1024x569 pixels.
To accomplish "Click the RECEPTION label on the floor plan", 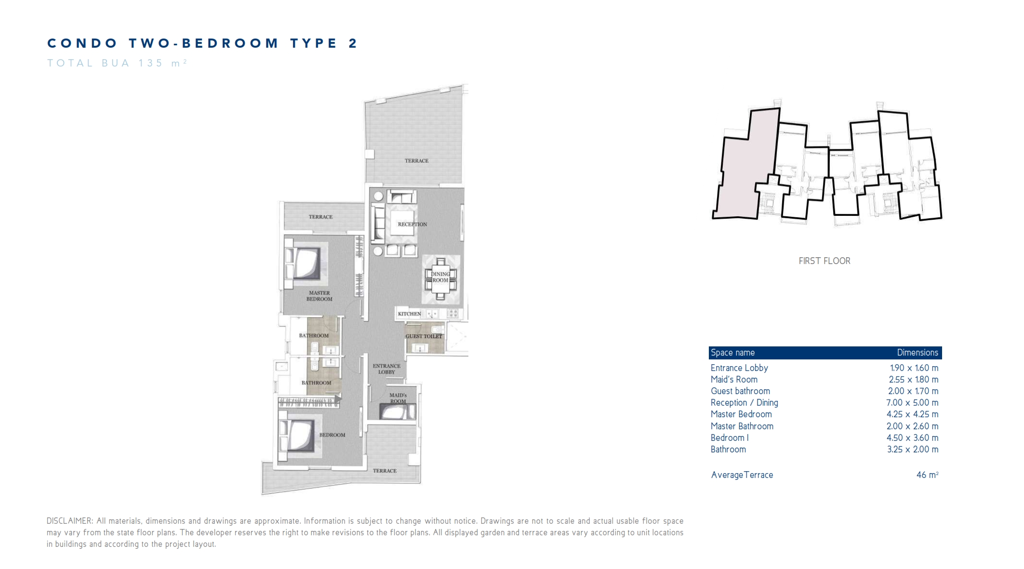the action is pos(412,224).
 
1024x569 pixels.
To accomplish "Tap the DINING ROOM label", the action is pos(440,277).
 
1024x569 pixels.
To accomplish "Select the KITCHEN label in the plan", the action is pos(409,314).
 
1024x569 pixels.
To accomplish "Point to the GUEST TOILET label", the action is pos(424,336).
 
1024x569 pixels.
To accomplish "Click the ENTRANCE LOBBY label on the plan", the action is pos(386,369).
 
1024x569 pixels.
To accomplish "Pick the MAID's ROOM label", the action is pos(398,398).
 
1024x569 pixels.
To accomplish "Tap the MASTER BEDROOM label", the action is pos(319,296).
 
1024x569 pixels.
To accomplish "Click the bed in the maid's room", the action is pos(397,412).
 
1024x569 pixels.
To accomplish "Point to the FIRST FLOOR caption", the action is pos(825,261).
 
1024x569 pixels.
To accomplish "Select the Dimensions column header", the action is pos(918,353).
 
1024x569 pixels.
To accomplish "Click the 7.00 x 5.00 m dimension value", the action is pos(912,403).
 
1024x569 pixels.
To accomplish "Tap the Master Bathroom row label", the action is pos(742,426).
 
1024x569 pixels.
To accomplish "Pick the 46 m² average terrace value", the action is pos(927,475).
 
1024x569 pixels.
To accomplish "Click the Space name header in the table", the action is pos(732,353).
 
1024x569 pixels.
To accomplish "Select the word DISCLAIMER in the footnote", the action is pos(70,521).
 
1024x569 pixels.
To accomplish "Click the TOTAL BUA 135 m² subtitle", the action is pos(117,63).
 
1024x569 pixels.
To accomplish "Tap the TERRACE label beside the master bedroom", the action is pos(320,217).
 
